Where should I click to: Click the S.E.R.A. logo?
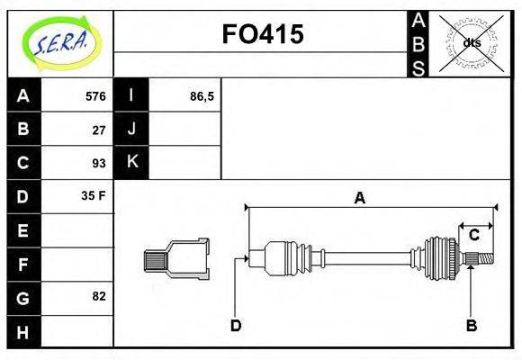(59, 42)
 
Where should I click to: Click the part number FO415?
(262, 34)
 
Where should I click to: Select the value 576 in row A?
(94, 95)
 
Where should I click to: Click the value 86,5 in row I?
(202, 95)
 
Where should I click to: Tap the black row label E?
(23, 230)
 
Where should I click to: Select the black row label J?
(131, 129)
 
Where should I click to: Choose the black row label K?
(131, 162)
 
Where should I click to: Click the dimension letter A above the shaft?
(360, 198)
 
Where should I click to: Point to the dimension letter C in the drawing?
(473, 236)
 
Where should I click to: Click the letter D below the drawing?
(236, 325)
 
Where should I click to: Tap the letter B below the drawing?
(470, 325)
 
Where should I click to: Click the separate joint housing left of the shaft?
(176, 259)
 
